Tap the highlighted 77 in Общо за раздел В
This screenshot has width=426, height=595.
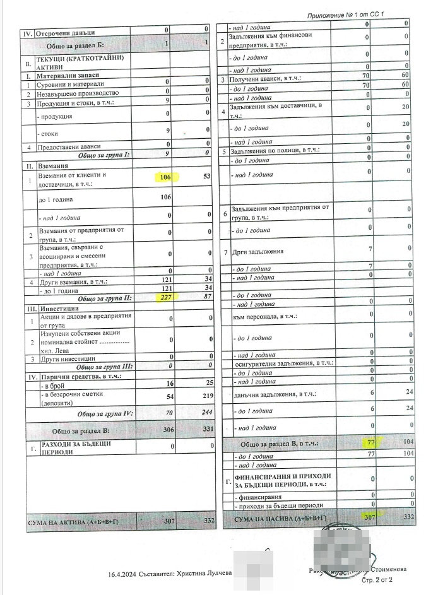[370, 443]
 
